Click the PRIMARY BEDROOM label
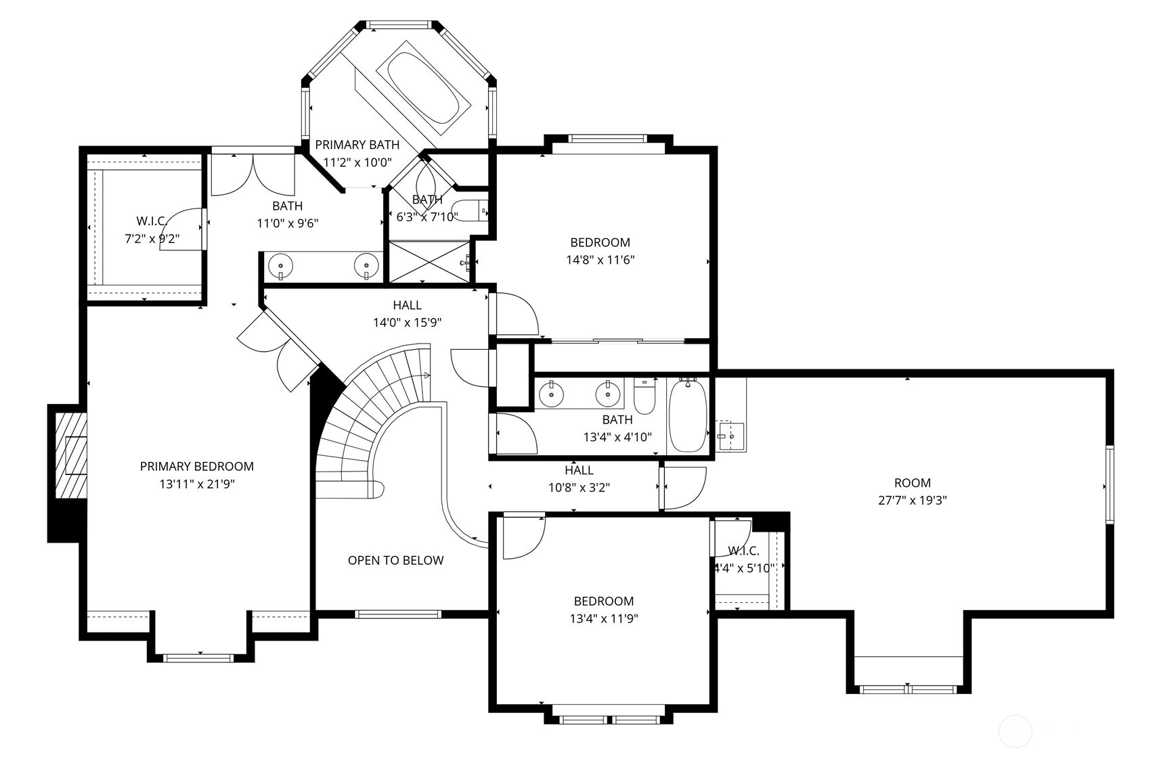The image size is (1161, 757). click(196, 466)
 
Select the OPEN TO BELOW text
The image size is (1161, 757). click(395, 560)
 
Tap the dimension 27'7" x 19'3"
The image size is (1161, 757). click(912, 501)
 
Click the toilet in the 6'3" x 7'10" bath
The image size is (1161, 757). click(470, 211)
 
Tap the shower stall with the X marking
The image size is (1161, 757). click(429, 261)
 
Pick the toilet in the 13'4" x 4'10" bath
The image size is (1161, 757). click(644, 396)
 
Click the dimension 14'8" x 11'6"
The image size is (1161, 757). click(600, 259)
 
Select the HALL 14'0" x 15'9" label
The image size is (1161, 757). click(407, 314)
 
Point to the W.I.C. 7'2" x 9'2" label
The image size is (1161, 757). click(152, 229)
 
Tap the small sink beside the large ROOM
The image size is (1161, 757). click(731, 433)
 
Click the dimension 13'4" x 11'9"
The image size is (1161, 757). click(603, 618)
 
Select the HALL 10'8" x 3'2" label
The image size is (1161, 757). click(579, 478)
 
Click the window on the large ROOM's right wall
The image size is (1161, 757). click(1110, 484)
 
